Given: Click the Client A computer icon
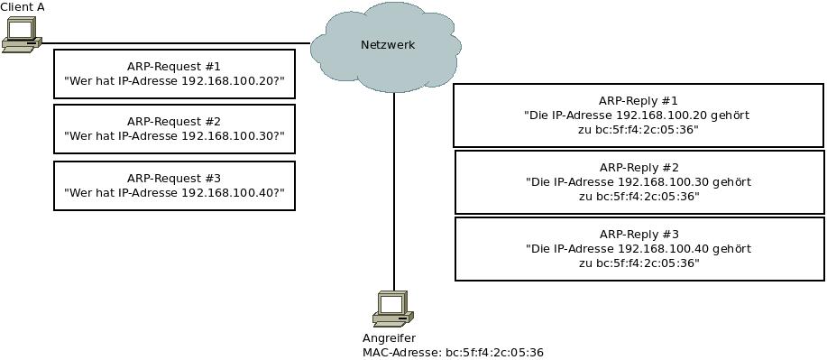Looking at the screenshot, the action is pyautogui.click(x=22, y=35).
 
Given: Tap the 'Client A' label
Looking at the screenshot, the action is pyautogui.click(x=23, y=7).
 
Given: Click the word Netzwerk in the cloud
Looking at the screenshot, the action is pyautogui.click(x=388, y=45).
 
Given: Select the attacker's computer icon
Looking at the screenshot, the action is pyautogui.click(x=393, y=309).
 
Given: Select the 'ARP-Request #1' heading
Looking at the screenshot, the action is pyautogui.click(x=173, y=67).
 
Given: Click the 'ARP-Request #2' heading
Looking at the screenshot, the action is pyautogui.click(x=173, y=122).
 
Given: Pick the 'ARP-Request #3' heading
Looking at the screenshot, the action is pyautogui.click(x=173, y=179).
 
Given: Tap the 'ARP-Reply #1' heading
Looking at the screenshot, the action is pyautogui.click(x=639, y=100).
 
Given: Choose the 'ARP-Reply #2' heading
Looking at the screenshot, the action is pyautogui.click(x=639, y=168).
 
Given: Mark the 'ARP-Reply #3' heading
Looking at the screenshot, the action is pyautogui.click(x=639, y=235).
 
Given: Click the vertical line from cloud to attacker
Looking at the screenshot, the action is pyautogui.click(x=394, y=191).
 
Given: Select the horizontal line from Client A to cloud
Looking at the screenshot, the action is pyautogui.click(x=176, y=43).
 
